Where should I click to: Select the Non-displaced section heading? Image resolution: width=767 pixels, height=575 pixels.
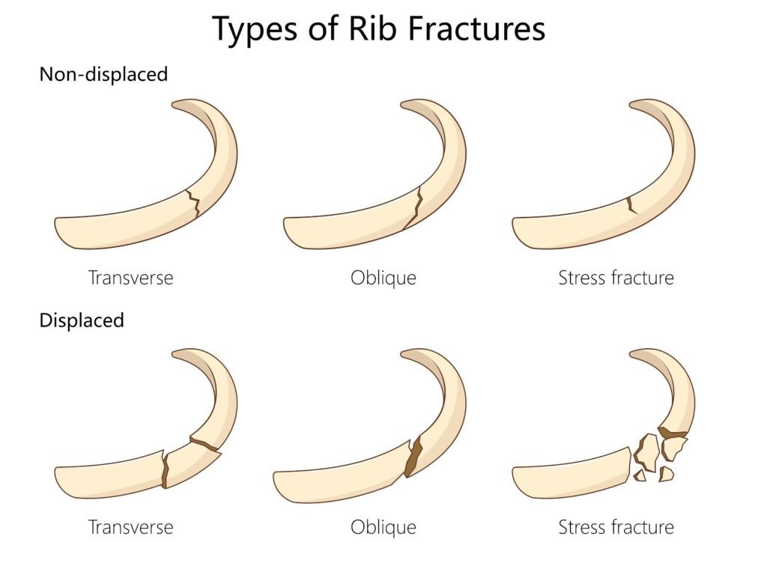pyautogui.click(x=103, y=74)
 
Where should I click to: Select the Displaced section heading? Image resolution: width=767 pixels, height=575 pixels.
pyautogui.click(x=81, y=320)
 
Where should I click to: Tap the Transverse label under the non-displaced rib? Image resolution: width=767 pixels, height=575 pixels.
pyautogui.click(x=130, y=278)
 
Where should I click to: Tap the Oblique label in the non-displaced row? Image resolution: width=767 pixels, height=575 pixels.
pyautogui.click(x=383, y=278)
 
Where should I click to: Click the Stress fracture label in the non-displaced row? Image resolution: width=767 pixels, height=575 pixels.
pyautogui.click(x=616, y=278)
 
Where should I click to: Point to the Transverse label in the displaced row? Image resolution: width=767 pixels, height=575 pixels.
pyautogui.click(x=130, y=527)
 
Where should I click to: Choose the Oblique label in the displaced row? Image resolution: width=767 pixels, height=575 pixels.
pyautogui.click(x=383, y=527)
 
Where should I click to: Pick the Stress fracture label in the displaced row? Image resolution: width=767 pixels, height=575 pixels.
pyautogui.click(x=616, y=527)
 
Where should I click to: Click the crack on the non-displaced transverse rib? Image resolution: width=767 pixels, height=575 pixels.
pyautogui.click(x=193, y=203)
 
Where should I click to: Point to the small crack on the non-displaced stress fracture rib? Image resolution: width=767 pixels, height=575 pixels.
pyautogui.click(x=631, y=204)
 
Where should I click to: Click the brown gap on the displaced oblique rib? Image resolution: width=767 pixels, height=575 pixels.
pyautogui.click(x=412, y=457)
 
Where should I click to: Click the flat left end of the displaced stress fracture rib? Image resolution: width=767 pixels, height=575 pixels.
pyautogui.click(x=516, y=480)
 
